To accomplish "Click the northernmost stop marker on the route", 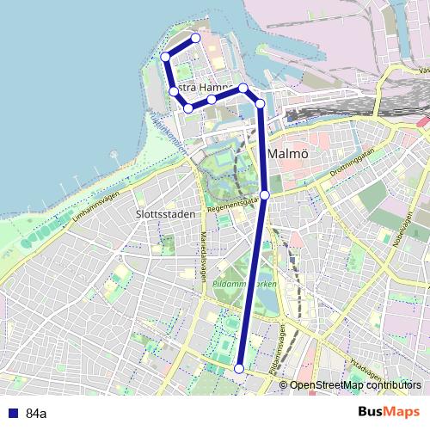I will tap(196, 38).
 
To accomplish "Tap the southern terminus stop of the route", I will tap(239, 368).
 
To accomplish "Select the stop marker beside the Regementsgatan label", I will tap(265, 195).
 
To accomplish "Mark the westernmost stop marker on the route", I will tap(165, 57).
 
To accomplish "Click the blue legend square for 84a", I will tap(10, 414).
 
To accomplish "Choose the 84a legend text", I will tap(36, 414).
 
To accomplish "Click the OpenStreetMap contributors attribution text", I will tap(355, 385).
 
